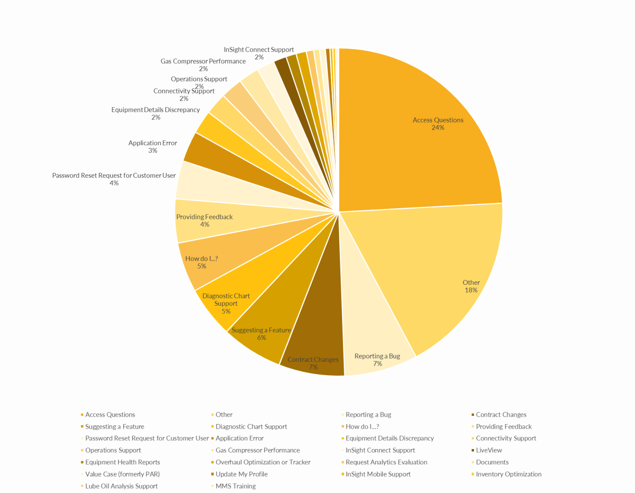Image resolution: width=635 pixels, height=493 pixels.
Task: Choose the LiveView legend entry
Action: coord(489,450)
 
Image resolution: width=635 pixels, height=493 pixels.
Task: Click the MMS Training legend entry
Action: coord(235,486)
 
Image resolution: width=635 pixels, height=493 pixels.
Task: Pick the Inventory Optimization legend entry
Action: coord(508,474)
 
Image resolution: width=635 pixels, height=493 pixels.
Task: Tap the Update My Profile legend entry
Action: coord(241,474)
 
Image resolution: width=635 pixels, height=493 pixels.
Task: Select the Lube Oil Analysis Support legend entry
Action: coord(122,486)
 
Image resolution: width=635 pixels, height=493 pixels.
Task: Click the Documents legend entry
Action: coord(492,462)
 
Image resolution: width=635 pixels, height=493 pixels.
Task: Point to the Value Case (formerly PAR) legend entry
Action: coord(122,474)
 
